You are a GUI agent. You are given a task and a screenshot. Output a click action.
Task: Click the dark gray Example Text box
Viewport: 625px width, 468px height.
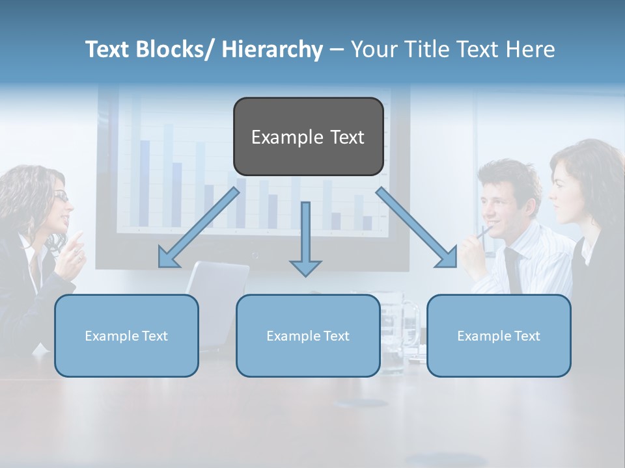(308, 136)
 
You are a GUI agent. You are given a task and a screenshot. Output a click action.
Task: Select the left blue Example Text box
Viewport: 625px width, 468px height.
(126, 335)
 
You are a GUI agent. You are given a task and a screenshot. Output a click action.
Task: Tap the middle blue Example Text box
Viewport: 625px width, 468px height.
(308, 335)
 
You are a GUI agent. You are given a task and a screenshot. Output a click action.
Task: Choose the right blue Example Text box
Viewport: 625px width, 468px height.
(499, 335)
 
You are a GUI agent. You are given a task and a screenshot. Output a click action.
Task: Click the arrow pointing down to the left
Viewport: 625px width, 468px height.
(199, 227)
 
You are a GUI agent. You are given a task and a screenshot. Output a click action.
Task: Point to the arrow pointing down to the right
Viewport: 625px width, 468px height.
(417, 227)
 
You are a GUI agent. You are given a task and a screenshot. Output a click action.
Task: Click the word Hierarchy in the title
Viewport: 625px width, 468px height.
(273, 49)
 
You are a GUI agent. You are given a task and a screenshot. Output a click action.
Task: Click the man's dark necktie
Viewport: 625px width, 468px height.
(514, 270)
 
